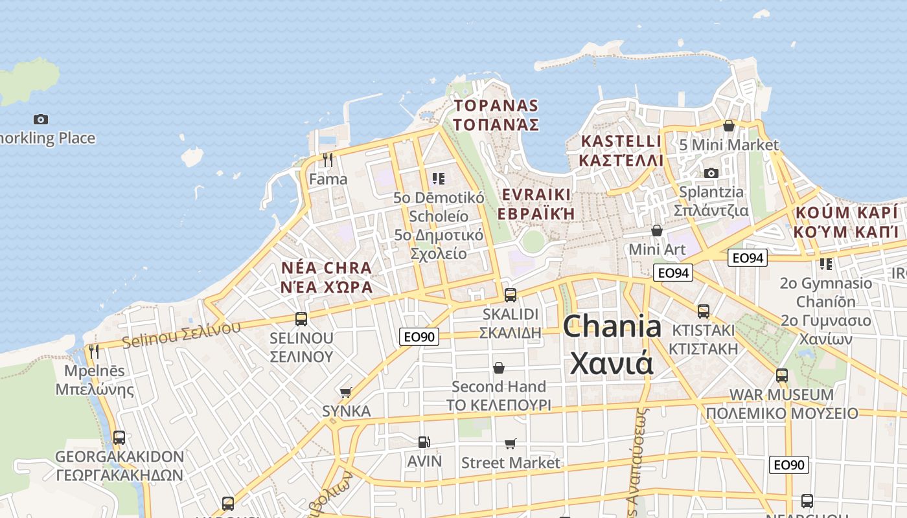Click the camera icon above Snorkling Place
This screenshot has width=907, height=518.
coord(41,119)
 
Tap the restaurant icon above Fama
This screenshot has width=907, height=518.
coord(328,159)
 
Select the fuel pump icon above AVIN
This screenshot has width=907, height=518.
coord(424,442)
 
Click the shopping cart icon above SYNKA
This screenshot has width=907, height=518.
coord(346,392)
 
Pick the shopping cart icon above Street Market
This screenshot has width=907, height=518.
coord(511,444)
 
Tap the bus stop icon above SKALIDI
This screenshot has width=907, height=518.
coord(511,295)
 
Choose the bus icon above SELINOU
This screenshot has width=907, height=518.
coord(301,319)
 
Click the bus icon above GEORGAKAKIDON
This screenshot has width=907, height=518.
coord(119,437)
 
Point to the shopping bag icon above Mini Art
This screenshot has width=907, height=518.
coord(657,231)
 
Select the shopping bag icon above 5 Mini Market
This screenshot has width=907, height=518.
coord(729,126)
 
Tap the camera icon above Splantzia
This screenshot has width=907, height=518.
coord(711,173)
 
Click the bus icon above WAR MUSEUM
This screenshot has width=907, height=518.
coord(782,375)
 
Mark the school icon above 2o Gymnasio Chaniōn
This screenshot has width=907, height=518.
coord(825,264)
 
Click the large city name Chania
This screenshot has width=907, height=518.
coord(612,326)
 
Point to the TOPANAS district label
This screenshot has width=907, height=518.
coord(497,106)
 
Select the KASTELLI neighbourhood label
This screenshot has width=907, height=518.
coord(621,141)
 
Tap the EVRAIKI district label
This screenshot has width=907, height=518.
coord(536,195)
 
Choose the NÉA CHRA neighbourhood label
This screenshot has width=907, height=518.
coord(327,268)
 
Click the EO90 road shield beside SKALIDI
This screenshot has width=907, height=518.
coord(419,337)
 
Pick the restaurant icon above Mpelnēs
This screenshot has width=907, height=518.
coord(95,352)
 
